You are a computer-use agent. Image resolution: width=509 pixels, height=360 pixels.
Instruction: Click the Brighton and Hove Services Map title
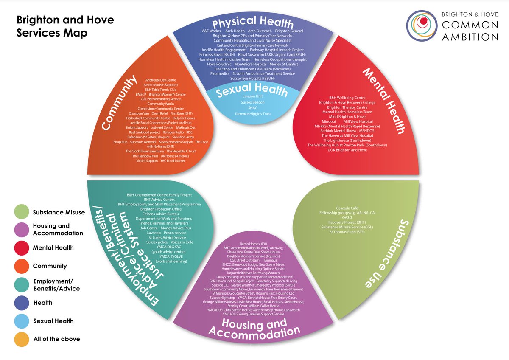(65, 26)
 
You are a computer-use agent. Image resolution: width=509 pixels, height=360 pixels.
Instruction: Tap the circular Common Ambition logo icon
(421, 25)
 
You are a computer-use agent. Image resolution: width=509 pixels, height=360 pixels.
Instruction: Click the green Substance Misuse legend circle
(21, 212)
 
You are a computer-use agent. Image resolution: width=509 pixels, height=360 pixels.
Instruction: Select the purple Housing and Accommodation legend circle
(21, 230)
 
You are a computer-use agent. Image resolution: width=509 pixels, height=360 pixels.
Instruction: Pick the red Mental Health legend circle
(21, 247)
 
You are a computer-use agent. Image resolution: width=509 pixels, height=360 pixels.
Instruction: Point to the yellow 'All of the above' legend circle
(21, 339)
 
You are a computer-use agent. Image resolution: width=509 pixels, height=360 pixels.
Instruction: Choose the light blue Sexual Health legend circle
(21, 321)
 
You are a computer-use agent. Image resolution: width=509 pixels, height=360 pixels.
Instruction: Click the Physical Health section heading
(252, 22)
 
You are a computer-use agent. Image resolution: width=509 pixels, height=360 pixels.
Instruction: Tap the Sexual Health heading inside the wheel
(252, 90)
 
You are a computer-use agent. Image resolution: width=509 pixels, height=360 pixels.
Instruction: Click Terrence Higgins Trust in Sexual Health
(252, 114)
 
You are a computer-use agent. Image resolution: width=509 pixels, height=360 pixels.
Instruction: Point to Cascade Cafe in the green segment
(347, 208)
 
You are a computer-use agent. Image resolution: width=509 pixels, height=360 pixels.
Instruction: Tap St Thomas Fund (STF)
(347, 232)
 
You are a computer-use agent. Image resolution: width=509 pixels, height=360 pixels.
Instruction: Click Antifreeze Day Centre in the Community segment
(161, 80)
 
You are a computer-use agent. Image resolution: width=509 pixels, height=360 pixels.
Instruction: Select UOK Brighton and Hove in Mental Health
(347, 150)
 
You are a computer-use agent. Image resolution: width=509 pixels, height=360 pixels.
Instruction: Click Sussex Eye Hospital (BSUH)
(252, 79)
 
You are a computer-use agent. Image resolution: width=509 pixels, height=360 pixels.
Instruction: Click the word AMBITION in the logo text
(470, 37)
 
